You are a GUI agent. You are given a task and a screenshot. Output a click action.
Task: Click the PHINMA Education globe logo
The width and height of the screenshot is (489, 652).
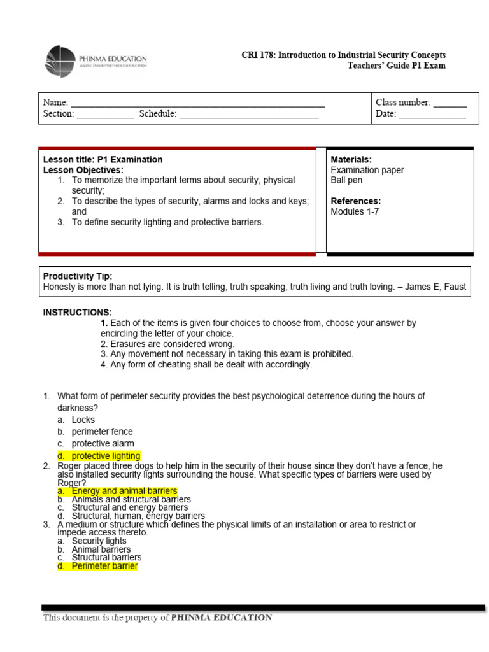60,62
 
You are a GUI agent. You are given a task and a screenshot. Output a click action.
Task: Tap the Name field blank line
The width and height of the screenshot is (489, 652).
197,103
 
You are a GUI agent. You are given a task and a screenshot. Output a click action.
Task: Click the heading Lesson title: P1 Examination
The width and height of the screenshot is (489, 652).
103,160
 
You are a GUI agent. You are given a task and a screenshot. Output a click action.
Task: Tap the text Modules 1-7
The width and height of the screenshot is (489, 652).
355,212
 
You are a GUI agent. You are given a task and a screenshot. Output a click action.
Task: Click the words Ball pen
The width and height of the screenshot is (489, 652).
346,180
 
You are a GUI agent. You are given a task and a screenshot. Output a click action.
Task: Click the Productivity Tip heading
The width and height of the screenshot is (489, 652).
78,276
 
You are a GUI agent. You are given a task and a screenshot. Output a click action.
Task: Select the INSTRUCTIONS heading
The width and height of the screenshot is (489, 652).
77,313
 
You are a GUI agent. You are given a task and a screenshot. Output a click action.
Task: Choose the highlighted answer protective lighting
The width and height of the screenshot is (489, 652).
106,456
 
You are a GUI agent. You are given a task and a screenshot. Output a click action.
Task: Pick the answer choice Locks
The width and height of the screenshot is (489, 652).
83,420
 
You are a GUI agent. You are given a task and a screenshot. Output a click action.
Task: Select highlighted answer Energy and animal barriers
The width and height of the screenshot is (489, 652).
124,491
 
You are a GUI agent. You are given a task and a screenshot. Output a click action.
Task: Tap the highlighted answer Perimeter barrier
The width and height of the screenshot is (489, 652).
104,566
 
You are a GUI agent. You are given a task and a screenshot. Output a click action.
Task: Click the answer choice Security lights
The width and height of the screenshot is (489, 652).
99,541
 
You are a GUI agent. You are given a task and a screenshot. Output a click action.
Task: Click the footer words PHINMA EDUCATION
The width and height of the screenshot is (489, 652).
222,618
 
